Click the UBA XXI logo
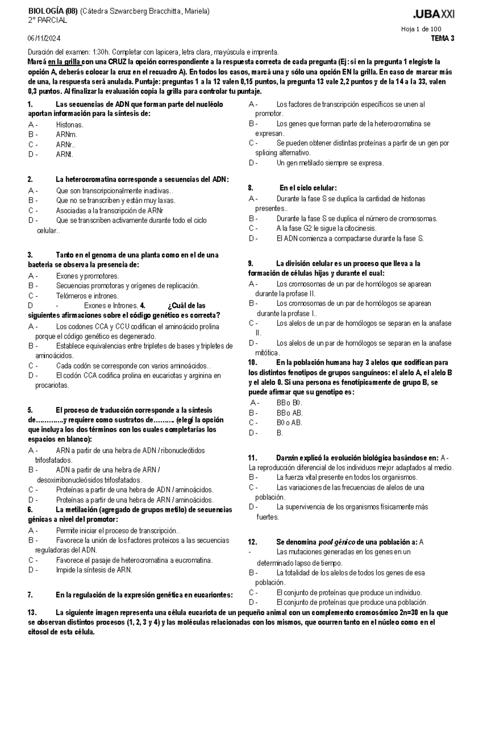pyautogui.click(x=433, y=15)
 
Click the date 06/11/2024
pyautogui.click(x=44, y=39)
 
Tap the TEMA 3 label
pyautogui.click(x=443, y=39)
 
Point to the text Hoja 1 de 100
pyautogui.click(x=421, y=29)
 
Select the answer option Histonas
pyautogui.click(x=70, y=125)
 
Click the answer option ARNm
pyautogui.click(x=66, y=135)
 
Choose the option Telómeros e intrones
pyautogui.click(x=87, y=296)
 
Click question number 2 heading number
pyautogui.click(x=30, y=180)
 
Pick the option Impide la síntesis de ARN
pyautogui.click(x=94, y=570)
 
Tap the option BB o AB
pyautogui.click(x=289, y=413)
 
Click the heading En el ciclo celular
pyautogui.click(x=308, y=188)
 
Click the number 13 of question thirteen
pyautogui.click(x=32, y=613)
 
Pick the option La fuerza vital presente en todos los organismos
pyautogui.click(x=347, y=478)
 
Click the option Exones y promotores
pyautogui.click(x=87, y=276)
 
